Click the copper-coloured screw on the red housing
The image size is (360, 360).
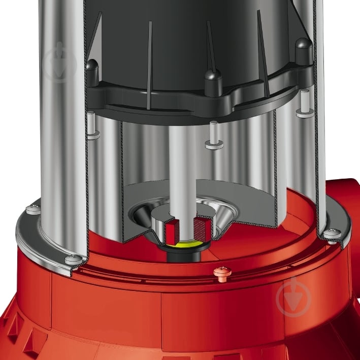coord(221,273)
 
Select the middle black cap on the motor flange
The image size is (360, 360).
coord(212,78)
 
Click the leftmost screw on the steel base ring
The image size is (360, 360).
coord(33,209)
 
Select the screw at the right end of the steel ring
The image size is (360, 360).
coord(333,233)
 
